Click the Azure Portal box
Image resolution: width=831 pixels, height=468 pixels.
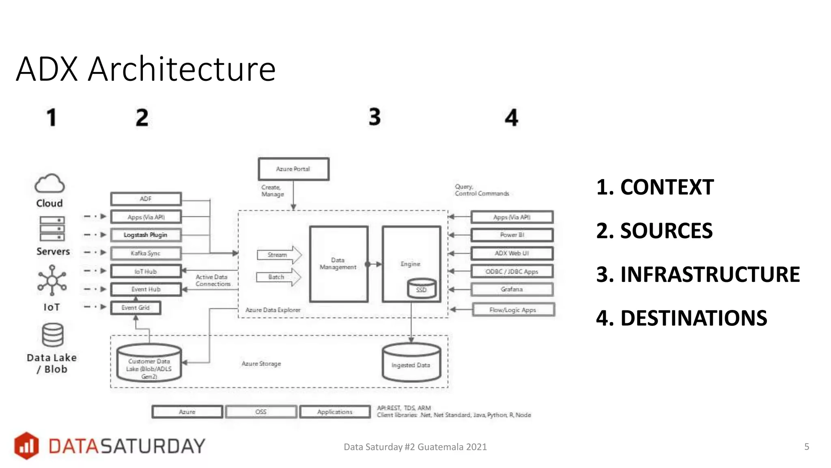tap(293, 169)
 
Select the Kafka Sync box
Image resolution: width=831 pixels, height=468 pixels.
tap(146, 253)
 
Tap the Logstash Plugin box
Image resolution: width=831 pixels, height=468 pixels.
tap(146, 235)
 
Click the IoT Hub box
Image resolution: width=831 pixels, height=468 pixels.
tap(146, 271)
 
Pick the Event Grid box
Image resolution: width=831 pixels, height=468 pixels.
tap(136, 308)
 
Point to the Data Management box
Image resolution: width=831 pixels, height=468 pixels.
tap(338, 264)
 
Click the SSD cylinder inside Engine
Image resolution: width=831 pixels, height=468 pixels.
tap(421, 289)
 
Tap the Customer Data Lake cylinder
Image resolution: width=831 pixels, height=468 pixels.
tap(149, 364)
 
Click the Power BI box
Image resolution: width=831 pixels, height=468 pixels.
tap(512, 235)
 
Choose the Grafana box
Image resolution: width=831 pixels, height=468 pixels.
tap(512, 289)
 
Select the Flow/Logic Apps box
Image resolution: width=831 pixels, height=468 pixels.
tap(513, 310)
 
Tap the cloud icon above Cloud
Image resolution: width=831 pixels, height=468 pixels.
tap(50, 184)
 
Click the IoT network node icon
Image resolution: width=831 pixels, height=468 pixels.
tap(52, 280)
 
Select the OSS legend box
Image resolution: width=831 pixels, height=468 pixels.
tap(261, 412)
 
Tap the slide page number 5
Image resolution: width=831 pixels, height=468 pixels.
tap(807, 446)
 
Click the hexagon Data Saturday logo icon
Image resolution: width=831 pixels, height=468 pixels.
tap(26, 446)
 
